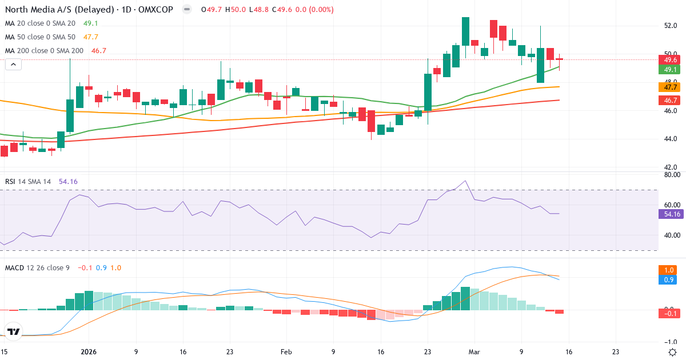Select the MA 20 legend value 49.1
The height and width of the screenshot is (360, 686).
click(x=91, y=23)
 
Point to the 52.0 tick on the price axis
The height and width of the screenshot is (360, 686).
click(x=671, y=26)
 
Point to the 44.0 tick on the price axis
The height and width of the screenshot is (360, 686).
click(x=671, y=139)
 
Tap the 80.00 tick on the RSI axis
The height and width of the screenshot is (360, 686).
click(x=671, y=175)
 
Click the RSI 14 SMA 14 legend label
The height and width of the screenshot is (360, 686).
click(x=28, y=182)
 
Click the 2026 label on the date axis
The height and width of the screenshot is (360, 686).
click(x=89, y=353)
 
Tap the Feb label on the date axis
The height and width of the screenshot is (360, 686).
click(x=286, y=353)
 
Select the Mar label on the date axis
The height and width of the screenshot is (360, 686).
click(x=473, y=353)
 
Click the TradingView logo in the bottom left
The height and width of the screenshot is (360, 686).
click(x=14, y=331)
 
